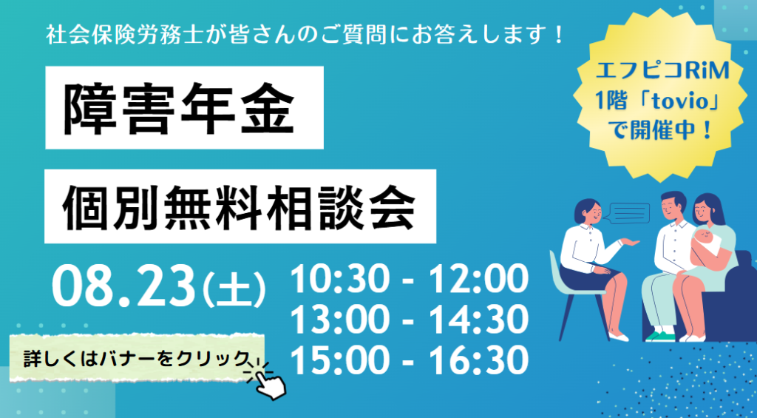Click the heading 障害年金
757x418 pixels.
coord(179,108)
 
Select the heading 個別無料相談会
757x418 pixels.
coord(239,206)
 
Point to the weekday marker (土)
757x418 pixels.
coord(234,289)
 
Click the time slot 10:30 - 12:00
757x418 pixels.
coord(409,280)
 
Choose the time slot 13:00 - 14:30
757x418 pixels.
coord(409,320)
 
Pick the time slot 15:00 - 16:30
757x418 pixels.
coord(409,361)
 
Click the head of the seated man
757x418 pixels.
coord(672,206)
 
